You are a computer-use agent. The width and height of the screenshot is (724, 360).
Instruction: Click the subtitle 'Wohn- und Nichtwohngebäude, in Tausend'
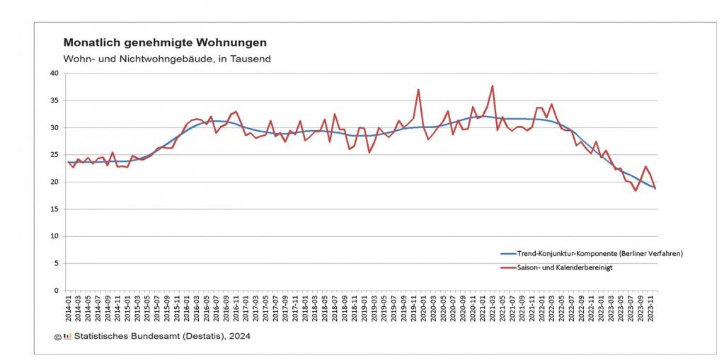[x=166, y=59]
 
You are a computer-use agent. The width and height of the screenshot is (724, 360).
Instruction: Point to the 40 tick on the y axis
[x=54, y=73]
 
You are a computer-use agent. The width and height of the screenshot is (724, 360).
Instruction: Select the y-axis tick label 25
[x=54, y=155]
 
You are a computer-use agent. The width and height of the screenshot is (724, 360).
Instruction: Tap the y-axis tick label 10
[x=54, y=236]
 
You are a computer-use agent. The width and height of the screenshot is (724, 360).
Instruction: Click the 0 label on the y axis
[x=57, y=291]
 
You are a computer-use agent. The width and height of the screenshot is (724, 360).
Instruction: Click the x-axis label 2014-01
[x=69, y=309]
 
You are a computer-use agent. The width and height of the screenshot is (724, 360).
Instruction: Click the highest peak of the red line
[x=492, y=86]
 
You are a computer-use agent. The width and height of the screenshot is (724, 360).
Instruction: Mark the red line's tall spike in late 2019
[x=418, y=90]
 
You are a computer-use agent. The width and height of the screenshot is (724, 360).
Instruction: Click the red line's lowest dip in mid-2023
[x=636, y=190]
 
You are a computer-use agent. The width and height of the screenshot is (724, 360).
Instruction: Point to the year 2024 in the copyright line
[x=238, y=337]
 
